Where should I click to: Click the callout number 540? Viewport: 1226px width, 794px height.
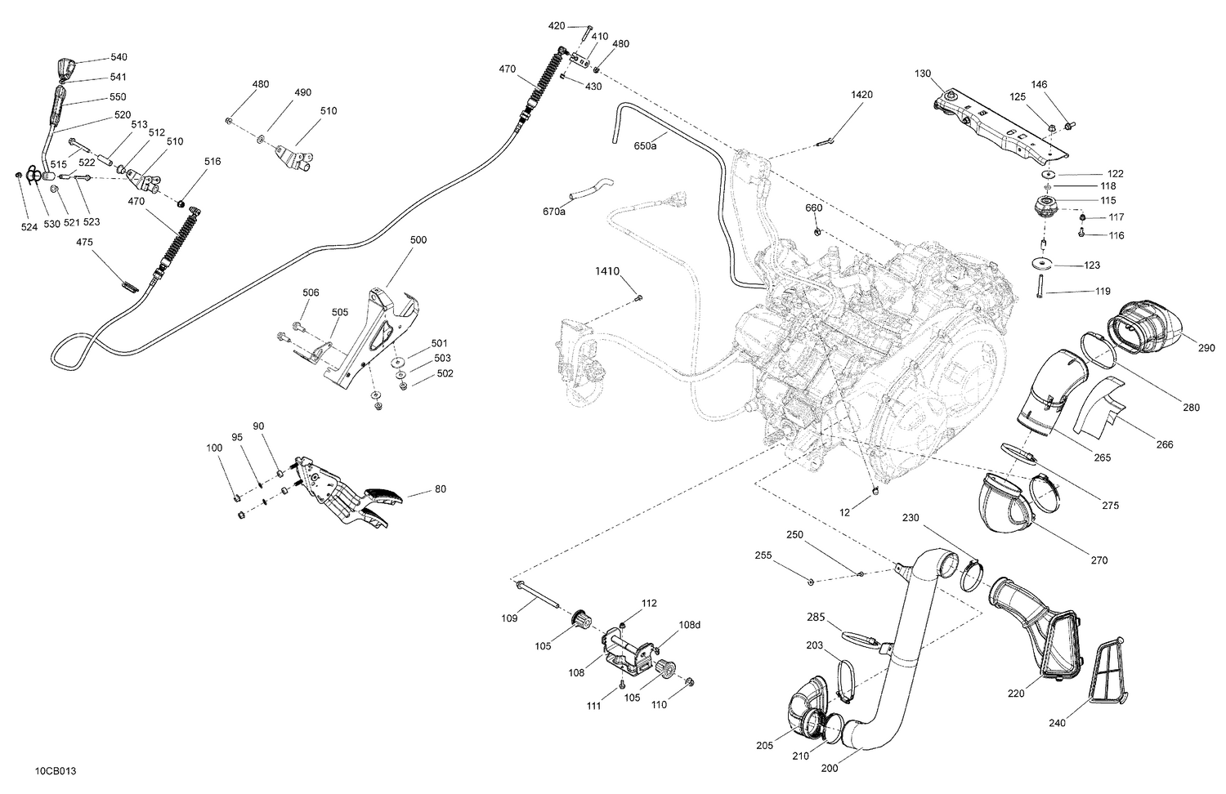coord(119,57)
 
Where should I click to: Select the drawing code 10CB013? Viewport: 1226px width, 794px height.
coord(56,770)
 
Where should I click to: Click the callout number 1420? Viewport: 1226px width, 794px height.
coord(861,95)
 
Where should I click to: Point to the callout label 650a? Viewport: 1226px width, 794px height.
coord(645,146)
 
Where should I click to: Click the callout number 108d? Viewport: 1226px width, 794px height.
coord(689,625)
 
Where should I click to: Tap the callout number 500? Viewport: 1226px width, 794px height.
coord(418,240)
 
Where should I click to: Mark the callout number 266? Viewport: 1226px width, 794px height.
coord(1165,444)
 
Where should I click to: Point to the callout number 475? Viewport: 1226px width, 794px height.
coord(85,242)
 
